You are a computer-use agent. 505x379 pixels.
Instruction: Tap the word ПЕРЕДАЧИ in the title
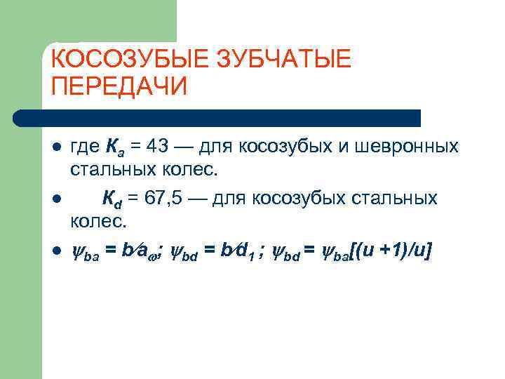coord(120,86)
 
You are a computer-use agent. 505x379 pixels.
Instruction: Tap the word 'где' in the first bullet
coord(86,148)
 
